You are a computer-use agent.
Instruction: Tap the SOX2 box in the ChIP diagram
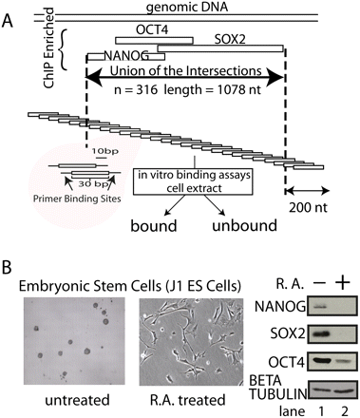pos(230,47)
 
